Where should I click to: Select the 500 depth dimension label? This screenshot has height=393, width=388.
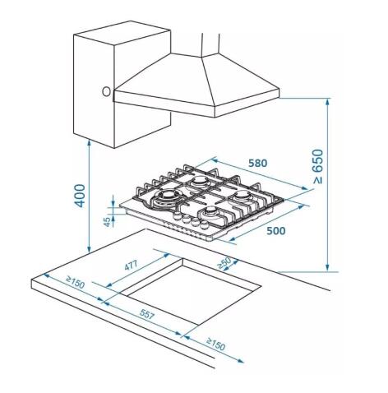point(275,231)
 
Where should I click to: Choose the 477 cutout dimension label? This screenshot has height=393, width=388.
point(131,268)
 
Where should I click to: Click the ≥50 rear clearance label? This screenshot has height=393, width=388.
point(222,262)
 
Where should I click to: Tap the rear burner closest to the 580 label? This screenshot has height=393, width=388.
point(201,180)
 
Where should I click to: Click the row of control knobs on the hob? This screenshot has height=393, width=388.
point(187,224)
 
